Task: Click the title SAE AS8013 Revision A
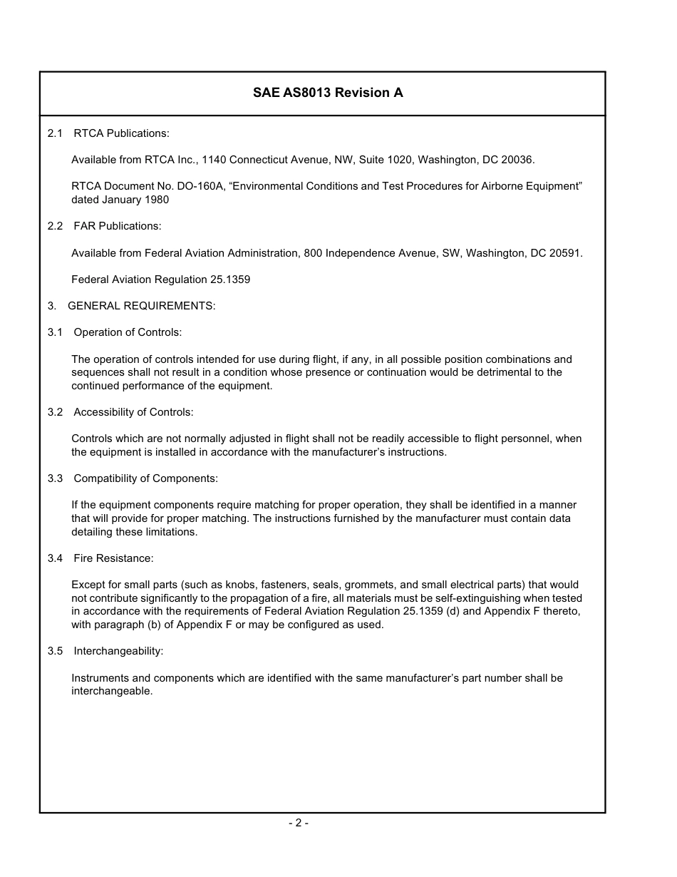point(328,93)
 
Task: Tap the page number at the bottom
point(299,823)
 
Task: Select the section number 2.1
point(56,133)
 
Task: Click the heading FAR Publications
point(118,226)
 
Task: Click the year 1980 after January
point(157,200)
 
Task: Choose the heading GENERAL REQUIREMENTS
point(141,306)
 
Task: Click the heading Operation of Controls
point(128,332)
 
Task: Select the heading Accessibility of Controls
point(133,412)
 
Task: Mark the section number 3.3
point(56,478)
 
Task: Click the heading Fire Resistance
point(113,558)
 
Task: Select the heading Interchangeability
point(118,651)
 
